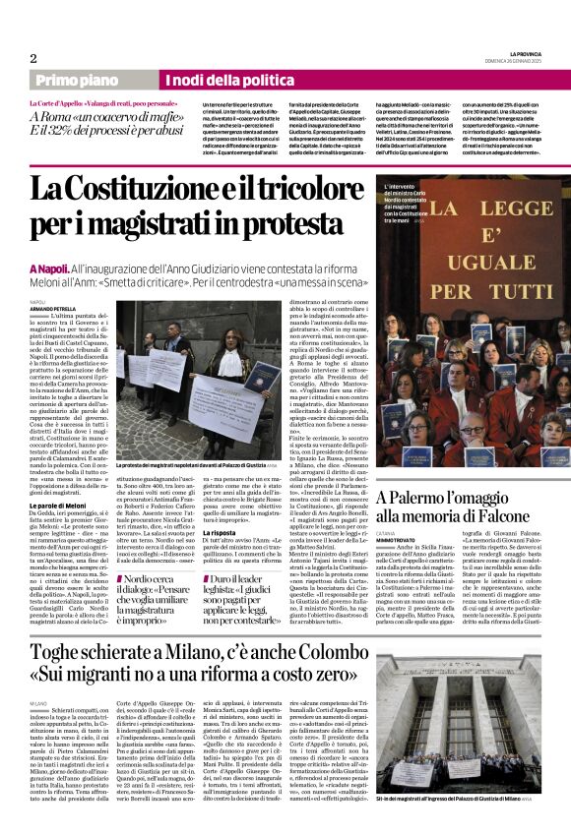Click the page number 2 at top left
pos(33,57)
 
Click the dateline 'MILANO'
pos(38,705)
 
